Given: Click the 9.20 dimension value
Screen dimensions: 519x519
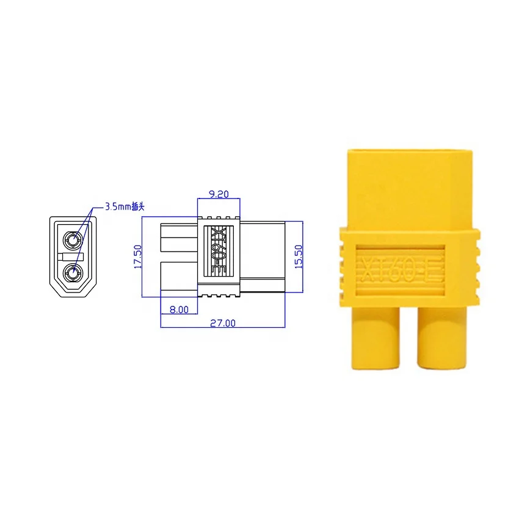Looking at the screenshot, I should click(219, 194).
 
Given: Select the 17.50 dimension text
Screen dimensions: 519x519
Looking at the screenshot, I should click(137, 257).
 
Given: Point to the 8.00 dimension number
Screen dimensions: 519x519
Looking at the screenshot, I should click(179, 310).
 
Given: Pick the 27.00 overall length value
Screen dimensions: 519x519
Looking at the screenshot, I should click(223, 323).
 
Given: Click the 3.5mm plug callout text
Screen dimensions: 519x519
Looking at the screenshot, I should click(125, 207).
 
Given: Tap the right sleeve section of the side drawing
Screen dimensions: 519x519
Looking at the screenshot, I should click(263, 256).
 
